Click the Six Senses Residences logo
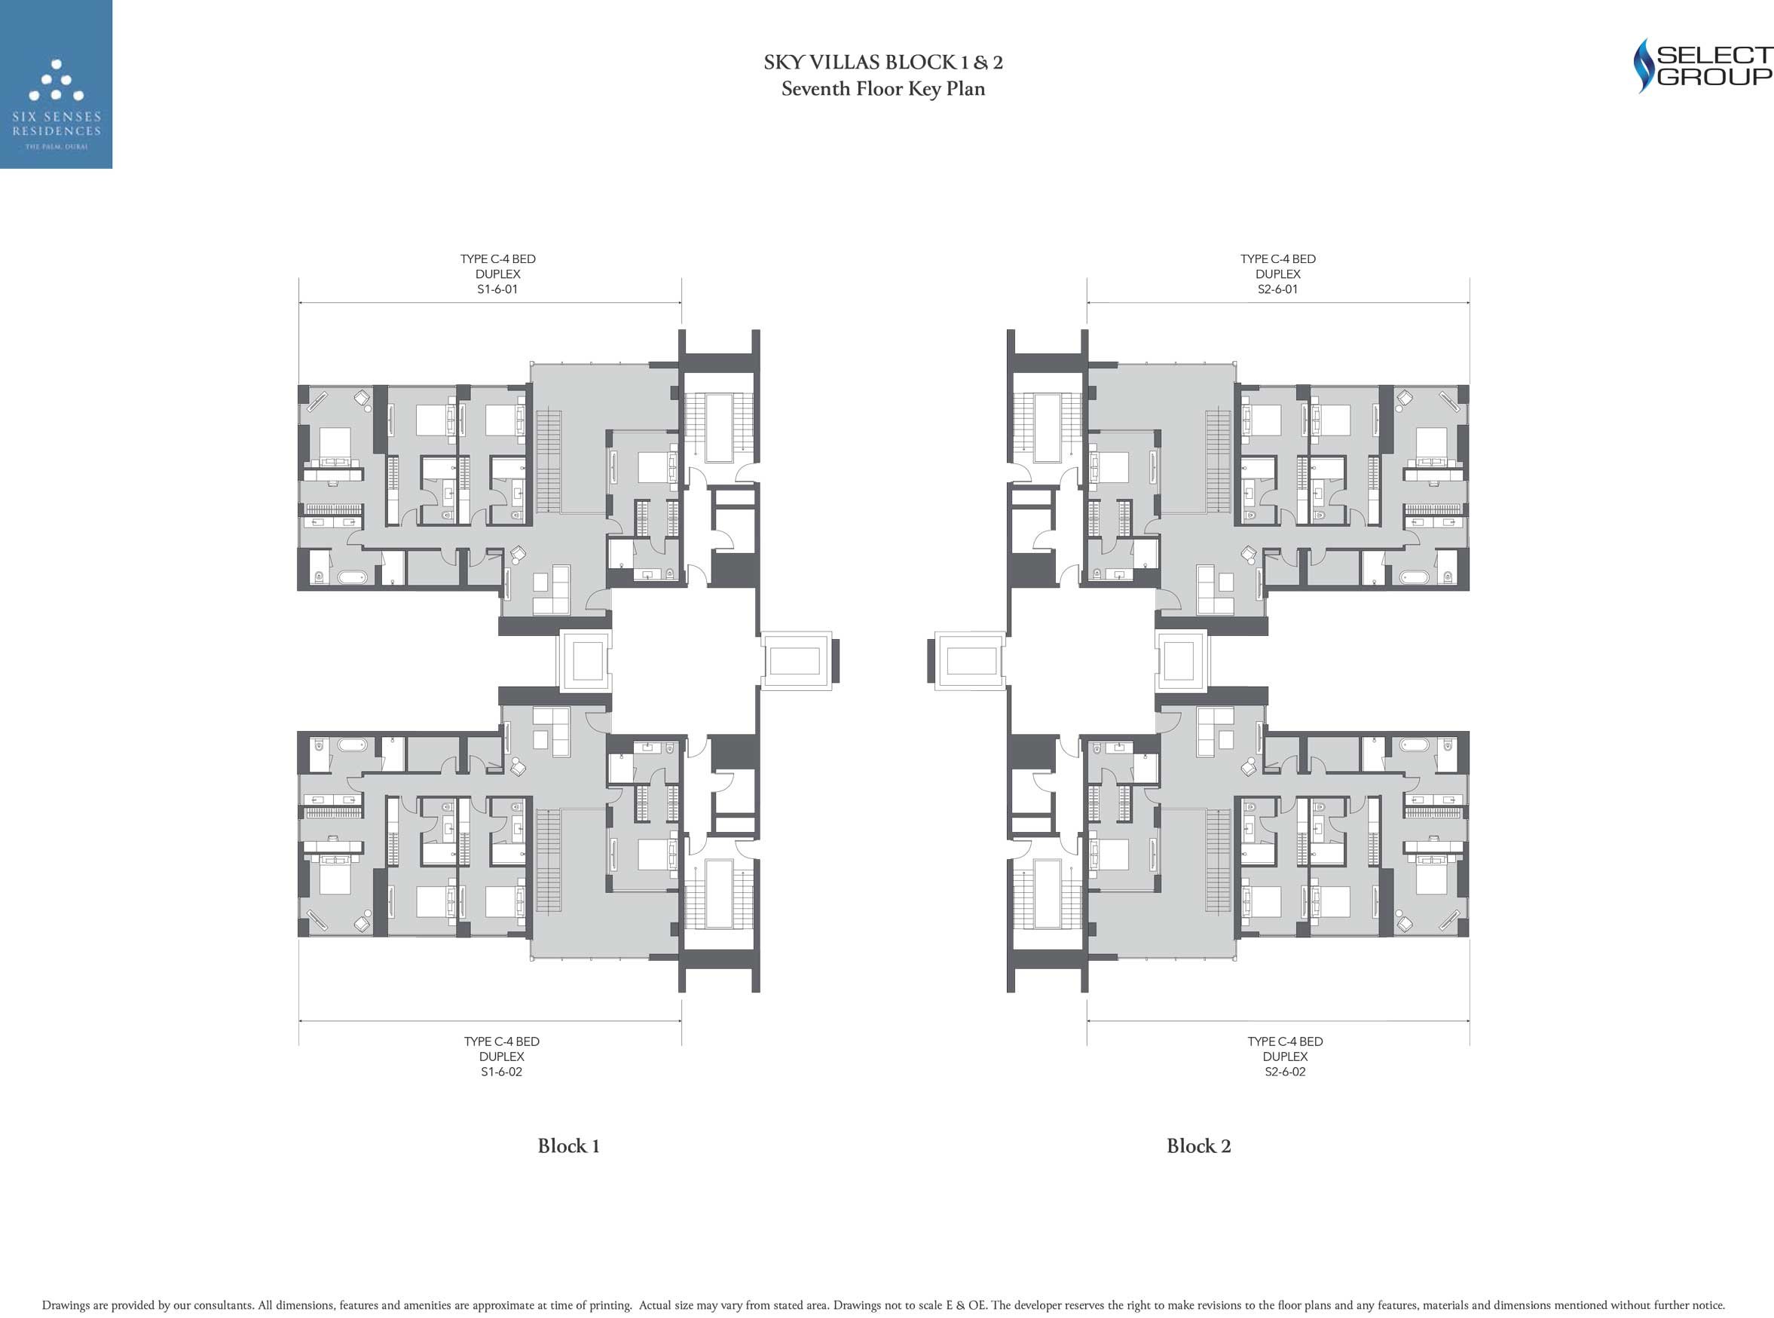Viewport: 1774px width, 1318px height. pos(56,84)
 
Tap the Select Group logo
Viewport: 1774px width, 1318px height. pos(1702,66)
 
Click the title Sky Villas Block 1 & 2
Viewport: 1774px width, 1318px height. pos(883,63)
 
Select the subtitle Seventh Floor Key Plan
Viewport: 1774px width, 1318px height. pos(883,89)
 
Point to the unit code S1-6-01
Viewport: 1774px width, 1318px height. pos(497,289)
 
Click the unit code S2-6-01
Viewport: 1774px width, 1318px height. pos(1278,289)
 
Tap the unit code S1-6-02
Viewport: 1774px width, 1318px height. pos(502,1072)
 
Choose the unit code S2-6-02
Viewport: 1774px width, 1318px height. pos(1285,1072)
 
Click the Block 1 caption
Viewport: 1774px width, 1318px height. pos(569,1145)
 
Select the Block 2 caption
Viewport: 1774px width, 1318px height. pos(1199,1145)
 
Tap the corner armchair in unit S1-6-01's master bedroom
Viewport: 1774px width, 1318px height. pos(361,396)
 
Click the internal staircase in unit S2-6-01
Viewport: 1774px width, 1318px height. pos(1218,461)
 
